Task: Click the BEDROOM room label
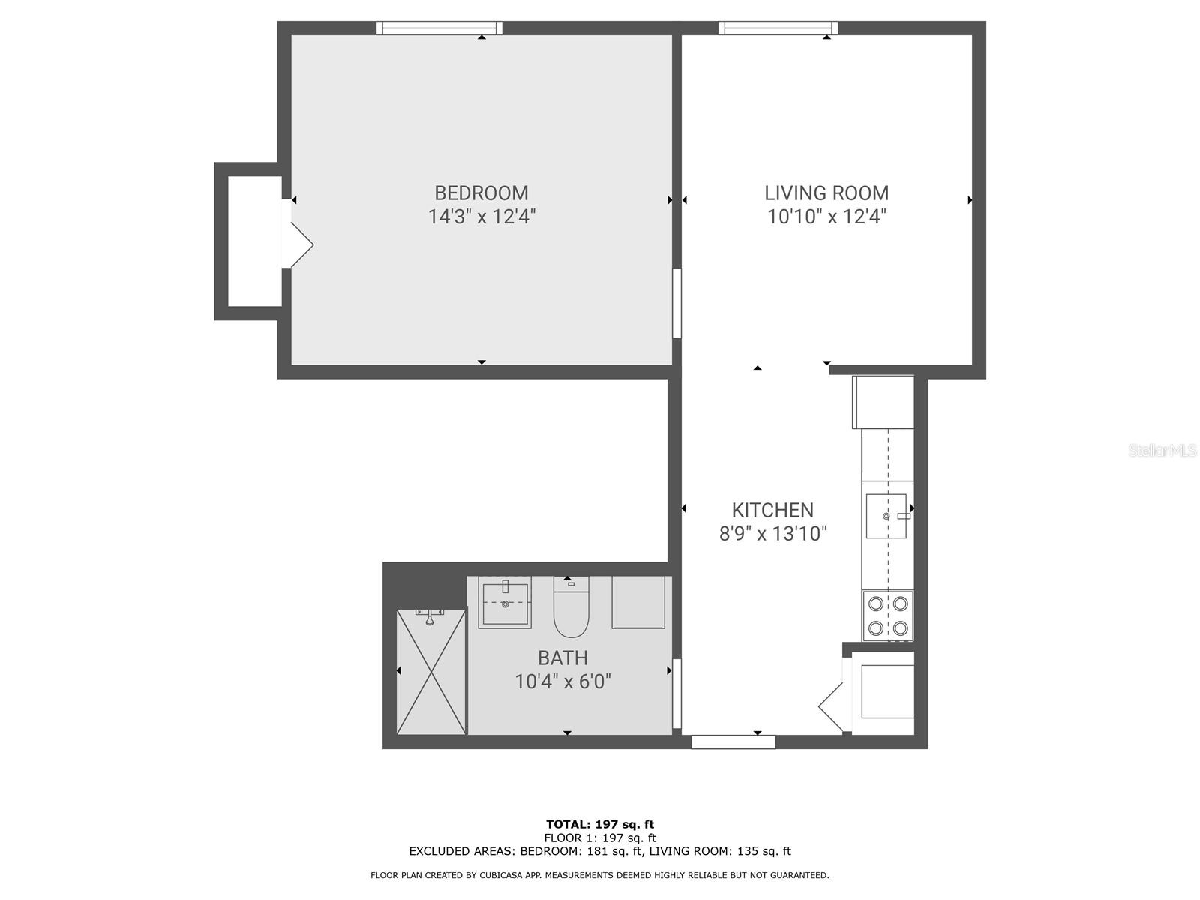pyautogui.click(x=481, y=193)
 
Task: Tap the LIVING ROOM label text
pyautogui.click(x=826, y=193)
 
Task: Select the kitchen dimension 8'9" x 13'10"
pyautogui.click(x=772, y=534)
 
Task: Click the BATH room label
pyautogui.click(x=562, y=658)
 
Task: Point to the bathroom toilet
pyautogui.click(x=571, y=607)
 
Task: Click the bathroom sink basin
pyautogui.click(x=505, y=604)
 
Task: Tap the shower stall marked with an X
pyautogui.click(x=431, y=672)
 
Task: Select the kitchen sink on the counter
pyautogui.click(x=886, y=516)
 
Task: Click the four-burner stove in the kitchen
pyautogui.click(x=888, y=616)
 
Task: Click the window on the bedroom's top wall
pyautogui.click(x=439, y=28)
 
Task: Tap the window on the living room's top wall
pyautogui.click(x=777, y=28)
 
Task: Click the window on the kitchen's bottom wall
pyautogui.click(x=733, y=742)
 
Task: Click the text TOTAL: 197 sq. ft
pyautogui.click(x=600, y=825)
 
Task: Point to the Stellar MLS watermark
pyautogui.click(x=1162, y=450)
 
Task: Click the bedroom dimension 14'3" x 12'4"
pyautogui.click(x=481, y=217)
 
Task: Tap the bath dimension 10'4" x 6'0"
pyautogui.click(x=562, y=682)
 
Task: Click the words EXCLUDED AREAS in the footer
pyautogui.click(x=463, y=851)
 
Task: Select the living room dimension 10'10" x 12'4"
pyautogui.click(x=826, y=217)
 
